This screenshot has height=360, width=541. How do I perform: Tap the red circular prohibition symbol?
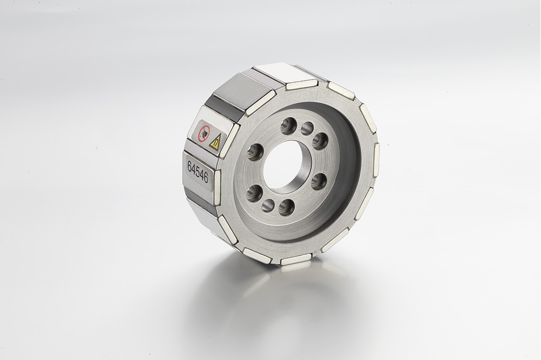coord(203,133)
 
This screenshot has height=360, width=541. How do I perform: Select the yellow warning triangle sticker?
coord(215,142)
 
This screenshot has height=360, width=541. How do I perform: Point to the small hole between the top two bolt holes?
coord(307,129)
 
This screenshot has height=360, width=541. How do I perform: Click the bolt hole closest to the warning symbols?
coord(255,152)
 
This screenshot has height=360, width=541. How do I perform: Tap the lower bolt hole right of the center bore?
coord(319,181)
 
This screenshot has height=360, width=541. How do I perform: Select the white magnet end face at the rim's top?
coord(301,84)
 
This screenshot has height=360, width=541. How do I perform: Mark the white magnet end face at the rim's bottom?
coord(295,259)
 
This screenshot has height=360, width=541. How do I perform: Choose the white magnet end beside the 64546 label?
coord(217,187)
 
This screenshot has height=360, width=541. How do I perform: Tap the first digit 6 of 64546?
coord(189,166)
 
